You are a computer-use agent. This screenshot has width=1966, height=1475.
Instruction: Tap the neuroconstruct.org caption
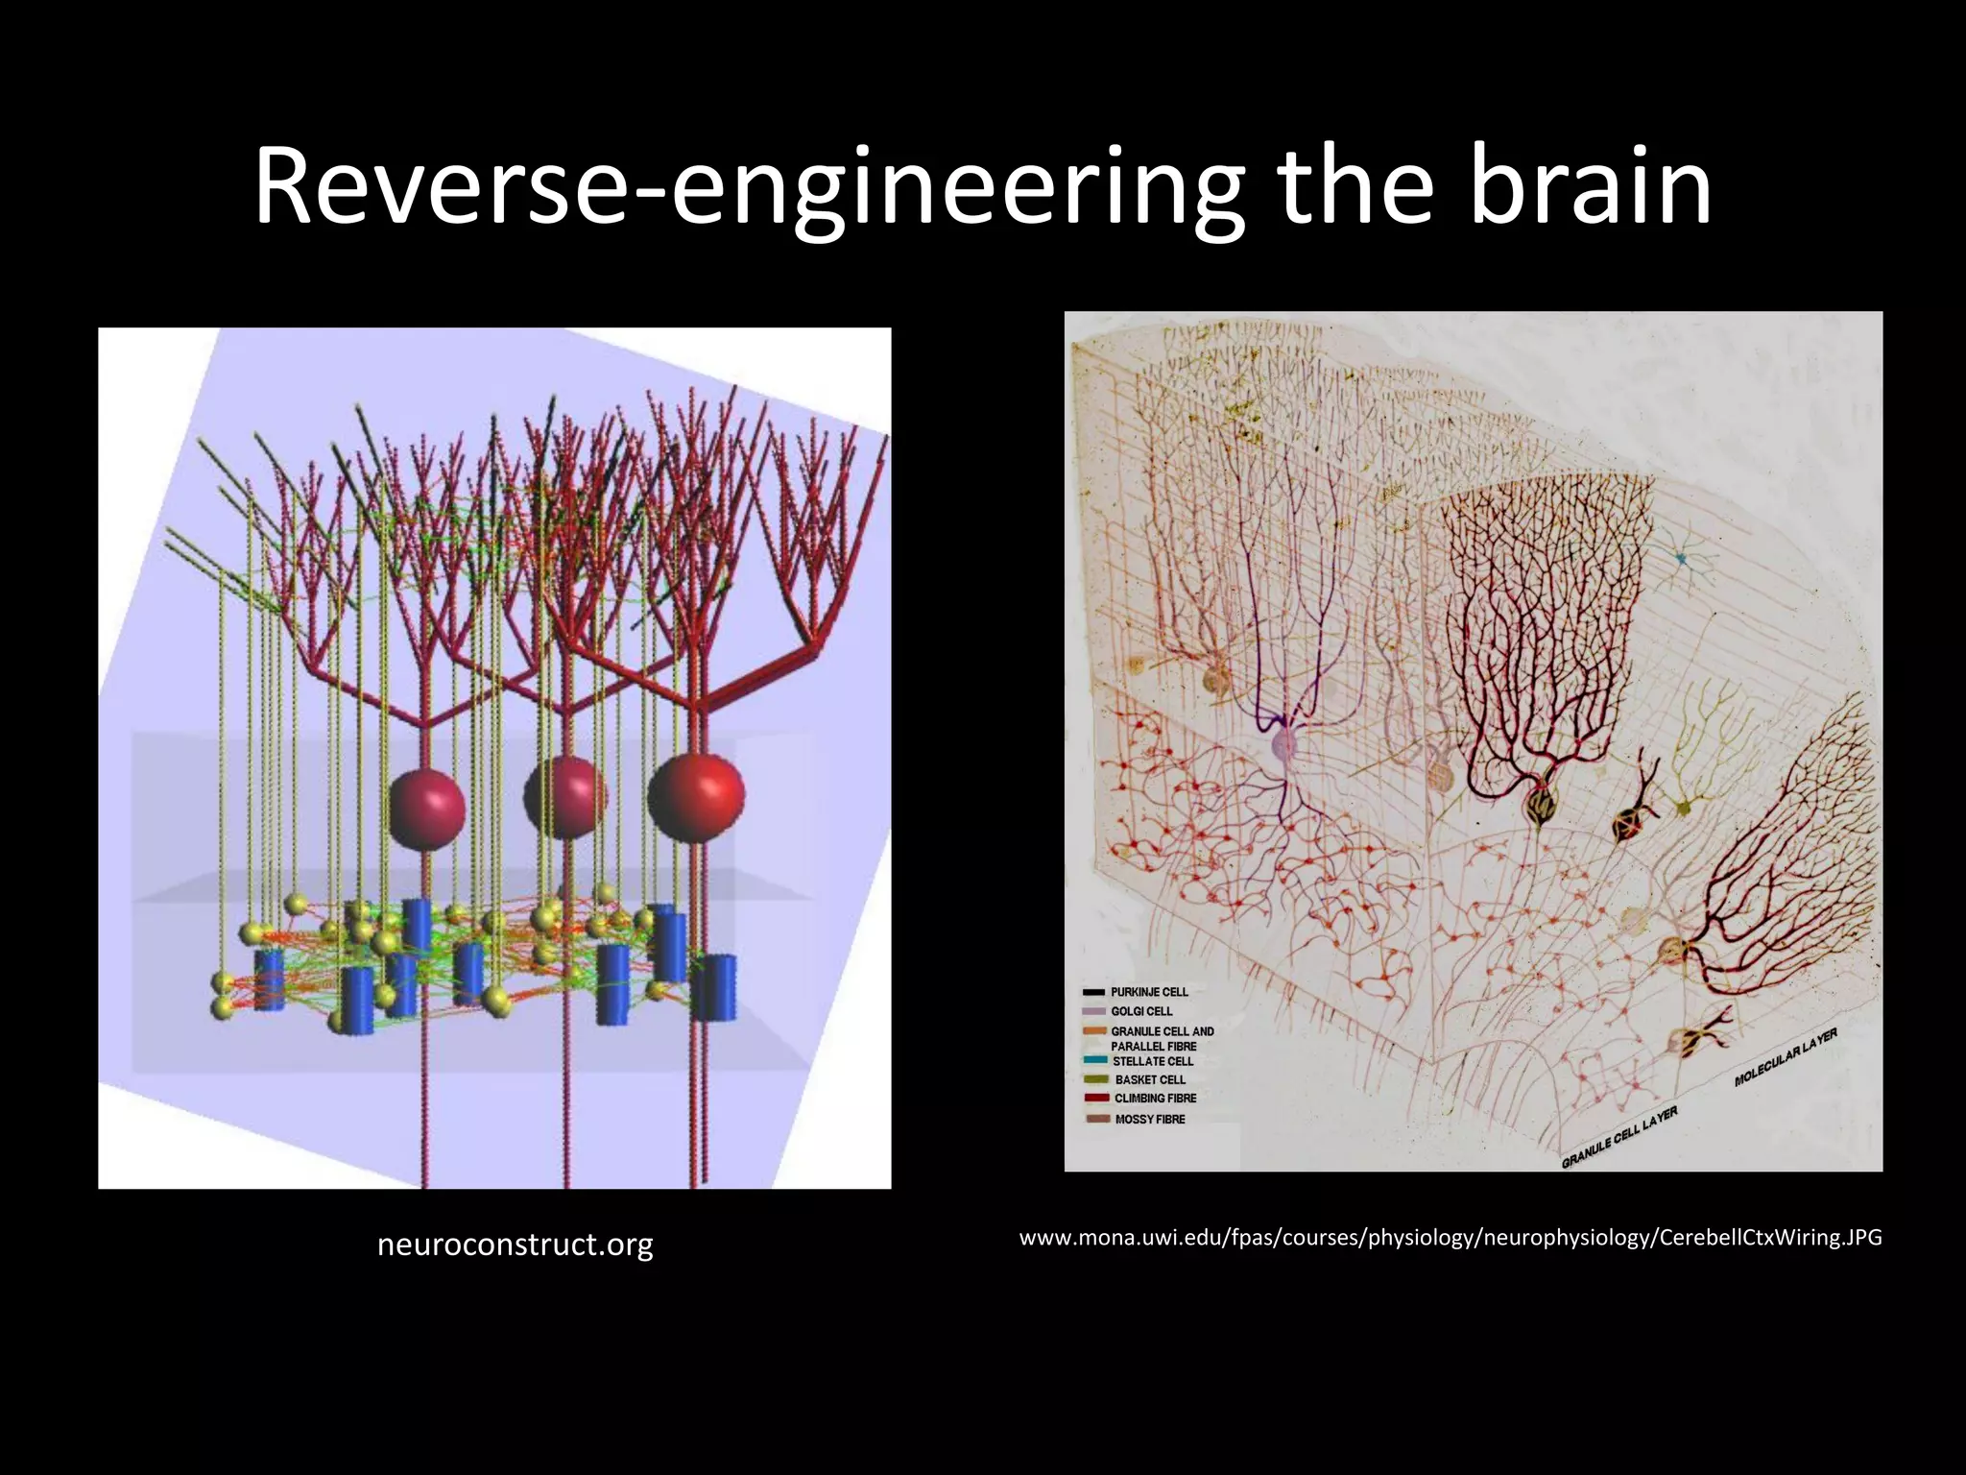click(x=515, y=1245)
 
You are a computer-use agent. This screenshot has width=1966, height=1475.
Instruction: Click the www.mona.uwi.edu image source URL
click(x=1450, y=1238)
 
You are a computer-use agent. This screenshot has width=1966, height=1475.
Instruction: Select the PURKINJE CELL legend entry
click(x=1149, y=992)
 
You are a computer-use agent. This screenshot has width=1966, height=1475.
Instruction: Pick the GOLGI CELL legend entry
click(x=1141, y=1011)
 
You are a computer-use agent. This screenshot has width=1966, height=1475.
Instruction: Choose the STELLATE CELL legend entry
click(x=1153, y=1061)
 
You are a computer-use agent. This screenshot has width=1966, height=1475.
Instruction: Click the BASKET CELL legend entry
click(x=1150, y=1079)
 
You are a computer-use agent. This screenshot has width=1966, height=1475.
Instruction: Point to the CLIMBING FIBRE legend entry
click(x=1155, y=1098)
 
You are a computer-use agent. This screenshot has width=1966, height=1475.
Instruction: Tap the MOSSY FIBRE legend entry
click(x=1150, y=1119)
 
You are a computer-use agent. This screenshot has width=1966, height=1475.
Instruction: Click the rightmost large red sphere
click(x=696, y=797)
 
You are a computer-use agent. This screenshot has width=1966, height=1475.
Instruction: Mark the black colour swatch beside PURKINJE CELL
click(x=1093, y=992)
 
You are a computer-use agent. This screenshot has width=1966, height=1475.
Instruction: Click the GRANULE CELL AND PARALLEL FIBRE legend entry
click(x=1162, y=1038)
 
